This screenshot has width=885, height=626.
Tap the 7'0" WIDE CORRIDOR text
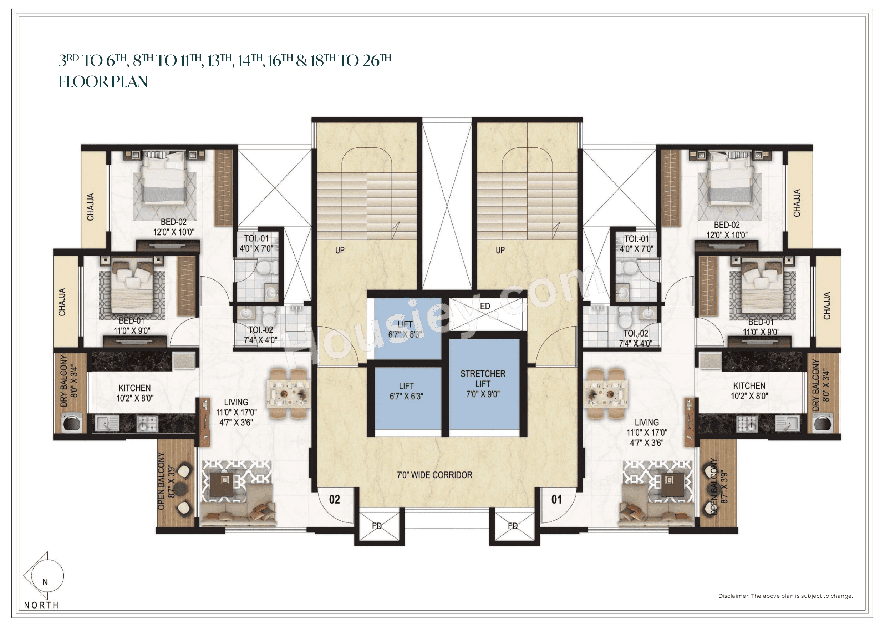[x=434, y=475]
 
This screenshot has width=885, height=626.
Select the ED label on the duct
[x=485, y=306]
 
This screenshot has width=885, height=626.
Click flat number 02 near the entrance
[x=335, y=500]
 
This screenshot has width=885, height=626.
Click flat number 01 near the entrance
[x=556, y=500]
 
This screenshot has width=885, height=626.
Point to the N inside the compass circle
[x=45, y=582]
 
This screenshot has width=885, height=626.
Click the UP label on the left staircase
[x=340, y=250]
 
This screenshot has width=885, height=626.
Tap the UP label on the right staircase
[x=500, y=250]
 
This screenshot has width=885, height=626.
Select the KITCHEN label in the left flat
[x=134, y=388]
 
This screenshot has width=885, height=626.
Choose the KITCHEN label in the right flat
[x=749, y=386]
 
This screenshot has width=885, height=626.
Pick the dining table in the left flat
[x=288, y=394]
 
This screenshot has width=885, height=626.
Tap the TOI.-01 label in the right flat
[x=636, y=239]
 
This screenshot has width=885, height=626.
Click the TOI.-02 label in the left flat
[x=260, y=330]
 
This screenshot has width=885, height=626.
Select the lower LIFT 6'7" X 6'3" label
[x=406, y=391]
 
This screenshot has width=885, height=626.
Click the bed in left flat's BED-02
[x=164, y=180]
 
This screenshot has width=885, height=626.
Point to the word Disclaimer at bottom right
[x=733, y=596]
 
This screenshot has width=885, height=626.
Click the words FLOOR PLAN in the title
[x=103, y=82]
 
